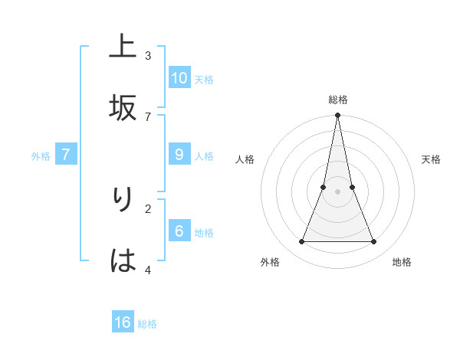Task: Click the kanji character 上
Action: pos(123,47)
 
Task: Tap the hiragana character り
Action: pos(123,199)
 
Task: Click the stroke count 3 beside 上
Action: pos(148,55)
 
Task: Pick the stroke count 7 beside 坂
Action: pos(148,116)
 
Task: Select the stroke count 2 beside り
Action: pos(148,208)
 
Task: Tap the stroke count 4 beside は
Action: pos(148,270)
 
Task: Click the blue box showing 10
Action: pos(179,77)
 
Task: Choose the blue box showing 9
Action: pos(179,155)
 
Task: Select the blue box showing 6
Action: pos(179,231)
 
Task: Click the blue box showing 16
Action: pos(123,322)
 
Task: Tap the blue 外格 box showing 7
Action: pos(66,155)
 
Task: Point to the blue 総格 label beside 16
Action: pos(147,324)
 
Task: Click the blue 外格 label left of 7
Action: pos(41,156)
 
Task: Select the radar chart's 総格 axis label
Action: pos(337,100)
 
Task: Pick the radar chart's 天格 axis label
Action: pos(431,159)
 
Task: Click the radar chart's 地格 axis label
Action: pos(402,262)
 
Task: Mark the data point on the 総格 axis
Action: pos(337,116)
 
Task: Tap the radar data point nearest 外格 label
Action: pos(301,242)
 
